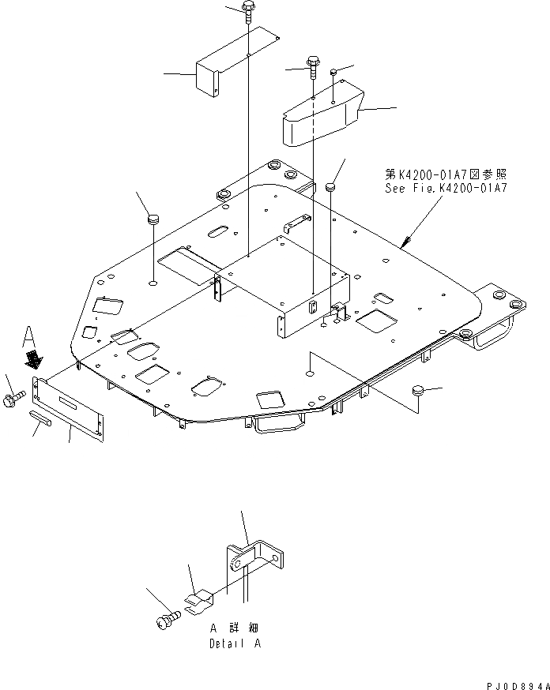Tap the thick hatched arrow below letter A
click(x=33, y=360)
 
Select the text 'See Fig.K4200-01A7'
click(x=446, y=189)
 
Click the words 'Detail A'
click(x=234, y=643)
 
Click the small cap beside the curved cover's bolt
click(x=335, y=73)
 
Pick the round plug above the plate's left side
click(x=153, y=218)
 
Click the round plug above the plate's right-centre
click(x=331, y=186)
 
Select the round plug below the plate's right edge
click(x=418, y=390)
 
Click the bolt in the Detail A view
click(x=164, y=621)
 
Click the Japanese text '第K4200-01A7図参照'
click(x=446, y=175)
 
